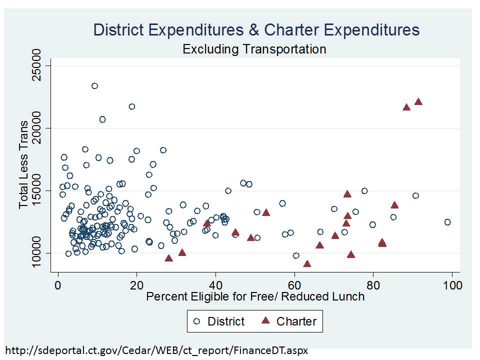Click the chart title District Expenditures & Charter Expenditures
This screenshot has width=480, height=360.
point(256,30)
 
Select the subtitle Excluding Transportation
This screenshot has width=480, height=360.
point(254,49)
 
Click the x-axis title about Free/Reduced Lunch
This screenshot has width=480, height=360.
point(255,296)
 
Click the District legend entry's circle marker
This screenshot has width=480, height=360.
point(197,321)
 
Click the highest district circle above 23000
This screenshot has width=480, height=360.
point(94,86)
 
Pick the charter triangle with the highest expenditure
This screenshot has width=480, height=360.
point(418,102)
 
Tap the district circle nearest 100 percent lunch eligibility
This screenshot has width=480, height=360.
point(447,222)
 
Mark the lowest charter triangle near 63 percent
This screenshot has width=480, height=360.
point(307,264)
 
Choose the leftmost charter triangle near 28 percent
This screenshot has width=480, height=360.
point(168,258)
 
